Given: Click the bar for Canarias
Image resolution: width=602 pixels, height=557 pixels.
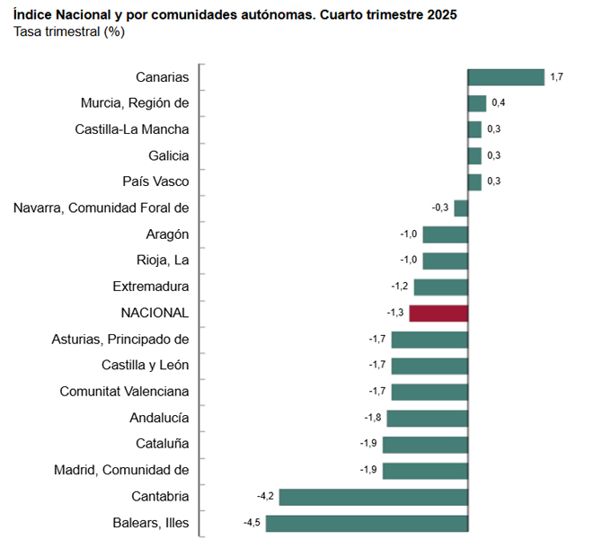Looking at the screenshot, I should coord(506,77).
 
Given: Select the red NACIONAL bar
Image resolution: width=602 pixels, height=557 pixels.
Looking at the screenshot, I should coord(438,314).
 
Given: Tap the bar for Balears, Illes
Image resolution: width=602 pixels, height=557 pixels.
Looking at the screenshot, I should coord(367,523).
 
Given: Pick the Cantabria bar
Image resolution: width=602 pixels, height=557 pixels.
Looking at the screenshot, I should coord(374,497).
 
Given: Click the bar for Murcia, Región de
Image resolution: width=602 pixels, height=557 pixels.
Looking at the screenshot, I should coord(477,103).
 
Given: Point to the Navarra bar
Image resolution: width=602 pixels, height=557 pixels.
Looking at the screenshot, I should coord(461,208).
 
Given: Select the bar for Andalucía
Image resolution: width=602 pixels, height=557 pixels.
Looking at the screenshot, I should coord(427,418).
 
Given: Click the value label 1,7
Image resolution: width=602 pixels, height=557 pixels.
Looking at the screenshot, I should coord(557,77).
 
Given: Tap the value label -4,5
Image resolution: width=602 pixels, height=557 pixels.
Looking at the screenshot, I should coord(252,523).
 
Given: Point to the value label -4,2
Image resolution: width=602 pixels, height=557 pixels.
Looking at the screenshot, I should coord(266,497).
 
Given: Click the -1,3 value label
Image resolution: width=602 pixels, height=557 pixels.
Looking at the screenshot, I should coord(395,314).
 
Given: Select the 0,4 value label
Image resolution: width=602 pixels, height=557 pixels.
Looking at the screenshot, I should coord(498,103).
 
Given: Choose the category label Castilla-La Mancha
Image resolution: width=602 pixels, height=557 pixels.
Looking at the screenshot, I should coord(132,129).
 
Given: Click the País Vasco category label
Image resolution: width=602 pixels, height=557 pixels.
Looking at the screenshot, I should coord(155,181).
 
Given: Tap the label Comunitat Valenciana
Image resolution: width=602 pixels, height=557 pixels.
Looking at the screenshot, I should coord(124,392).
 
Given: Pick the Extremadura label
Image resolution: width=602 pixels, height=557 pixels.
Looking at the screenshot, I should coord(151,287).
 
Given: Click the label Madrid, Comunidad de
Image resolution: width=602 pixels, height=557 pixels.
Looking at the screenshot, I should coord(121,470).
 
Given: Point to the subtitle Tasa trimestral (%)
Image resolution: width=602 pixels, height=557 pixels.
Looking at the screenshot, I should coord(69,32).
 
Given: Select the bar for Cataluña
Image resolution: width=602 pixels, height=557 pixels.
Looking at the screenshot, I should coord(425,444).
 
